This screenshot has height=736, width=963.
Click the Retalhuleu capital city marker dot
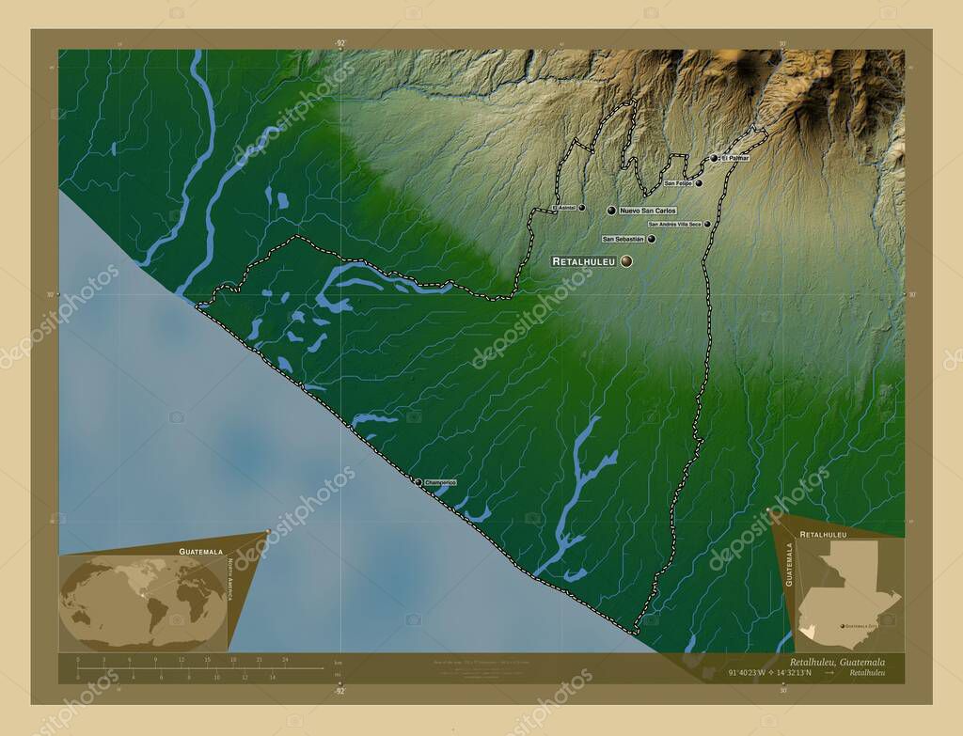626,261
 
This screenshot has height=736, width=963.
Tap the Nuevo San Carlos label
648,211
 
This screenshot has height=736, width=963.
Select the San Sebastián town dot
651,239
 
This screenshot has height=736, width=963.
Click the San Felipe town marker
700,183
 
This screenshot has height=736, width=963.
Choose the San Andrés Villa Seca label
674,225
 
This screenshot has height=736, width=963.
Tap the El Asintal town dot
582,207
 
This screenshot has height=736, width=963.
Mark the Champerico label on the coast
440,482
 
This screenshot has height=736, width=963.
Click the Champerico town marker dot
419,481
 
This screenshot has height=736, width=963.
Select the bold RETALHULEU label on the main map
583,261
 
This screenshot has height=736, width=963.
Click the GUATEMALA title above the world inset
201,551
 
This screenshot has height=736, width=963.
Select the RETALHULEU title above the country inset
823,534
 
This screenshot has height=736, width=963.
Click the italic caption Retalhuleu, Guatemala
830,662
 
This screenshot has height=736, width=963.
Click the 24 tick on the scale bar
285,660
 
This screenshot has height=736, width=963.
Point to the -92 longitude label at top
339,43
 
